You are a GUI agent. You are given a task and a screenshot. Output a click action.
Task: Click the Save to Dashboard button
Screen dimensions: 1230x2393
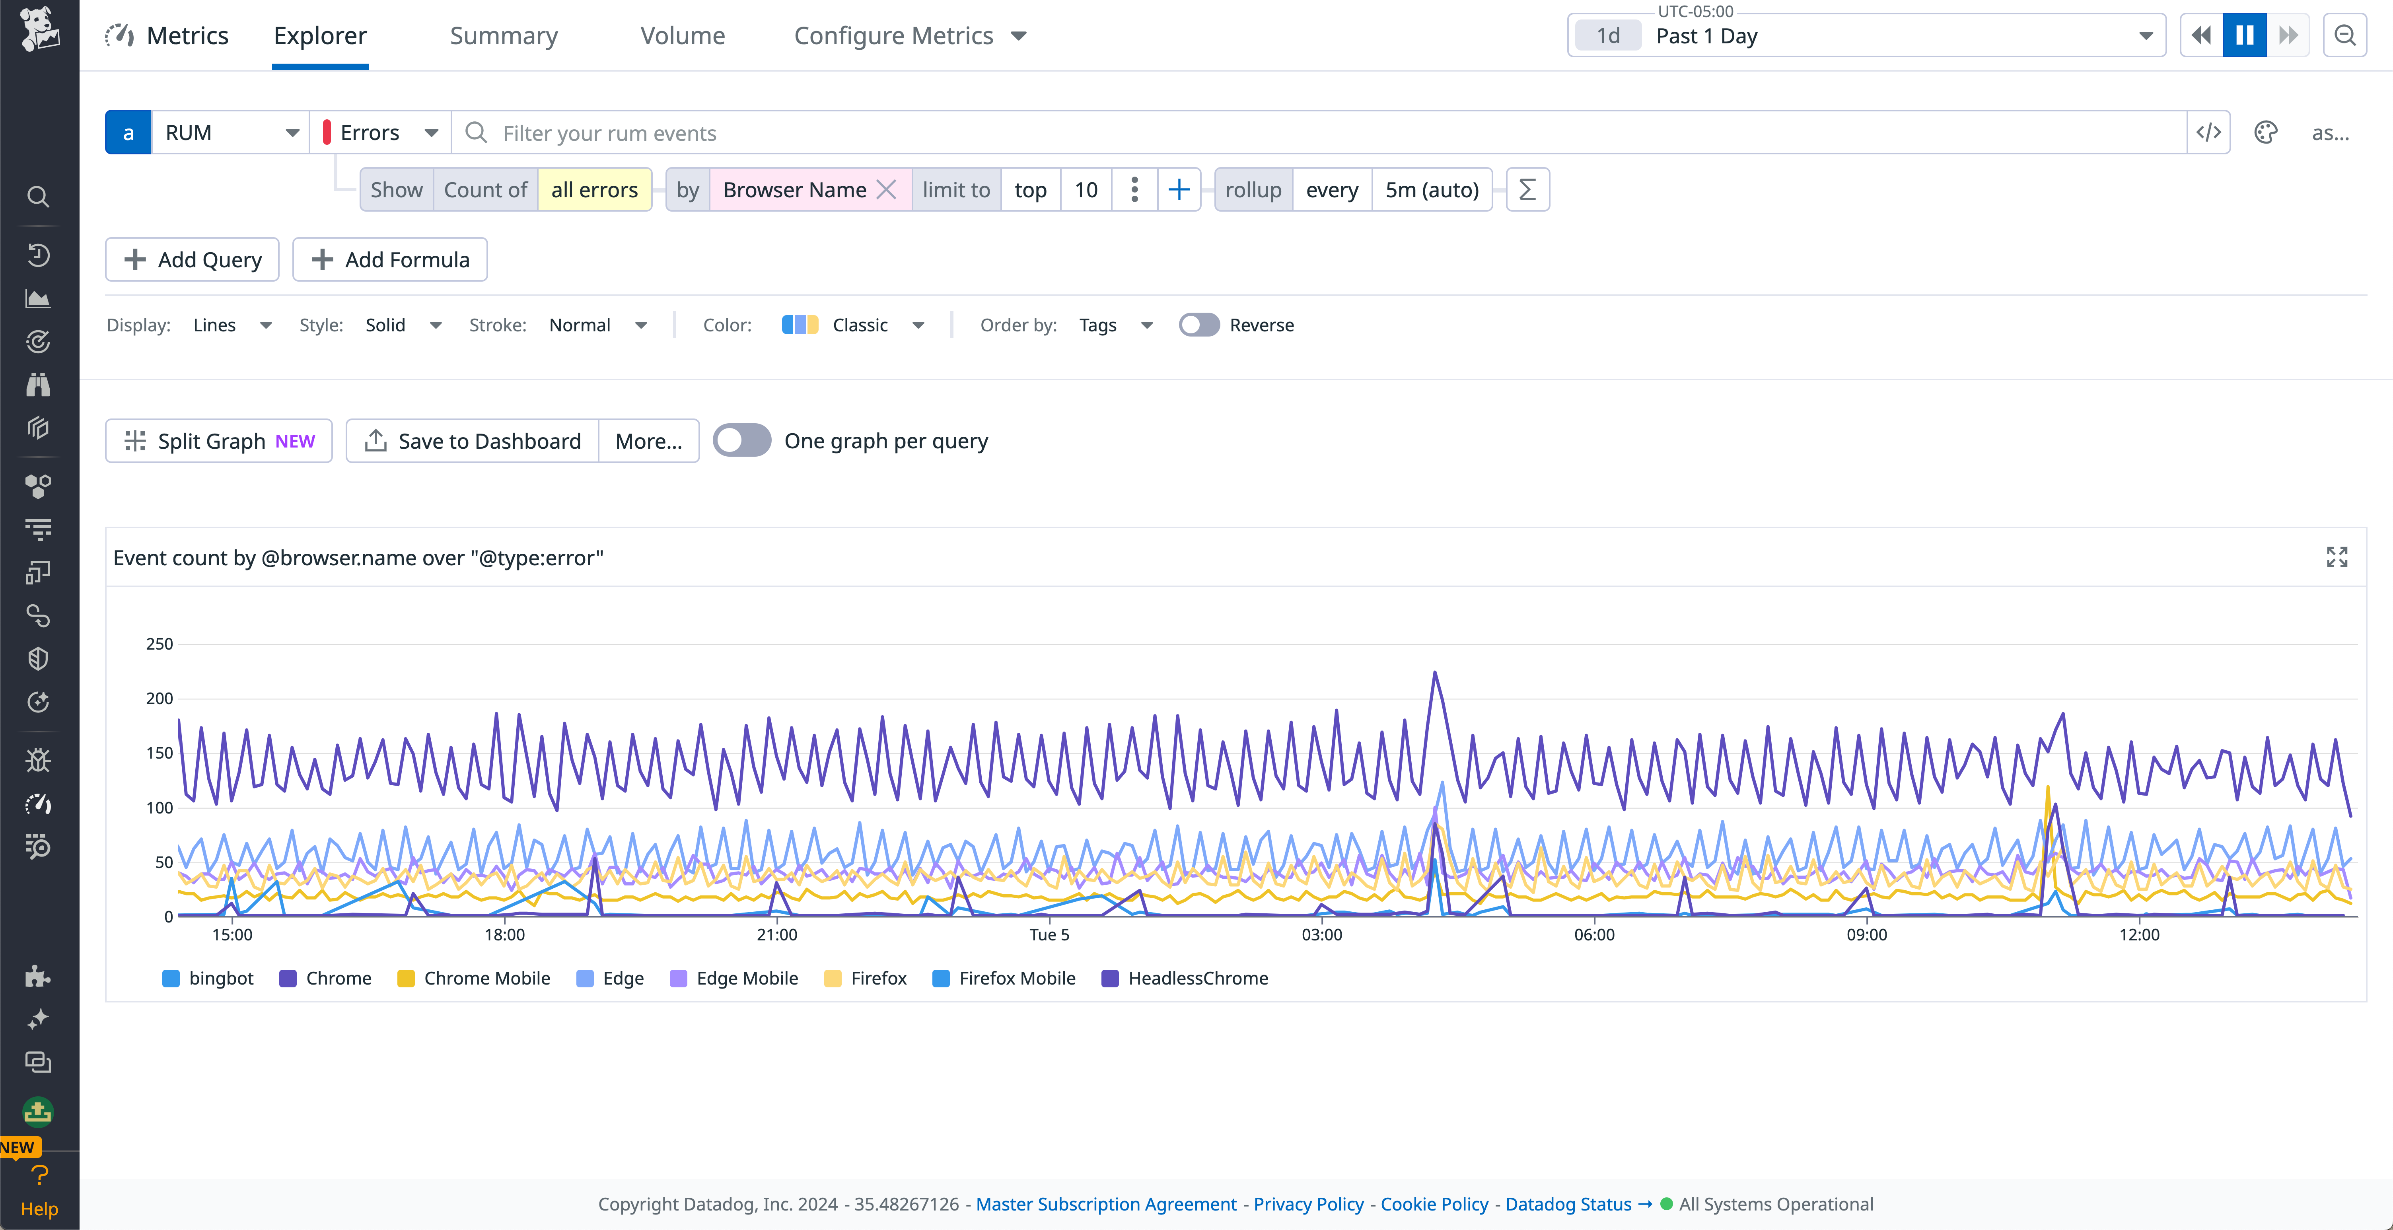[473, 441]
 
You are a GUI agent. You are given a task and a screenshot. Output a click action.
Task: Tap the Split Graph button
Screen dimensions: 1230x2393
[219, 441]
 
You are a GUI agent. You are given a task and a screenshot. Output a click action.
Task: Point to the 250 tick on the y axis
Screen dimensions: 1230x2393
[159, 644]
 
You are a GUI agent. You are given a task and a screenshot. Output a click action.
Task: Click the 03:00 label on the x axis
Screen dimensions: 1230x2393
[1321, 934]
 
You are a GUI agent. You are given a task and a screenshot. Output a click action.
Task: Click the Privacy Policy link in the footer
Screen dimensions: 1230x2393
[1308, 1204]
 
